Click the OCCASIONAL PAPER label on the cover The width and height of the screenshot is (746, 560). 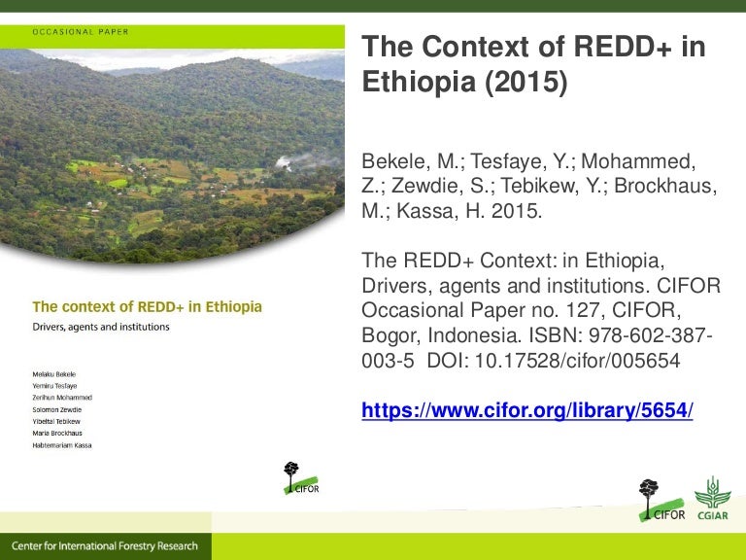[x=81, y=31]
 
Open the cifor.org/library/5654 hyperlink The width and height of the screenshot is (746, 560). [x=527, y=410]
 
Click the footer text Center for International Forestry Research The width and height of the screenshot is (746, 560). [x=105, y=546]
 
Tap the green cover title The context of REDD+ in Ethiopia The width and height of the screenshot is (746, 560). [x=148, y=307]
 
